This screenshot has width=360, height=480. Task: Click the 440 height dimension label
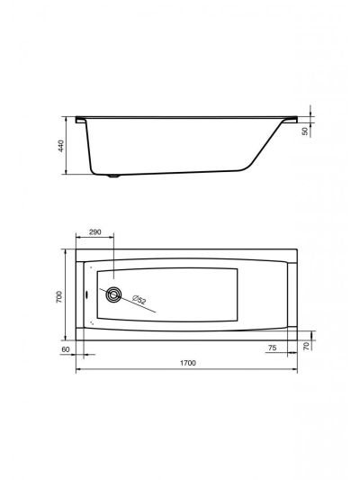(x=61, y=146)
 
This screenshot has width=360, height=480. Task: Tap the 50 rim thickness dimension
(x=305, y=131)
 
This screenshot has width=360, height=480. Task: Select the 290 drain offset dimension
(x=94, y=232)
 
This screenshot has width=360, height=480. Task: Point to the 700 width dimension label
(x=58, y=297)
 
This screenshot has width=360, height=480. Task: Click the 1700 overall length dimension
(x=187, y=363)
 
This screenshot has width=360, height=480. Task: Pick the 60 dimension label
(x=66, y=349)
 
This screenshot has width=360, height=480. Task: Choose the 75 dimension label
(x=272, y=348)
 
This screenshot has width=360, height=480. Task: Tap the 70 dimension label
(x=307, y=346)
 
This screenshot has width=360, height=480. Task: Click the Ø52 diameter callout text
(x=139, y=299)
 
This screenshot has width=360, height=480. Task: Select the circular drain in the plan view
(x=113, y=294)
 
